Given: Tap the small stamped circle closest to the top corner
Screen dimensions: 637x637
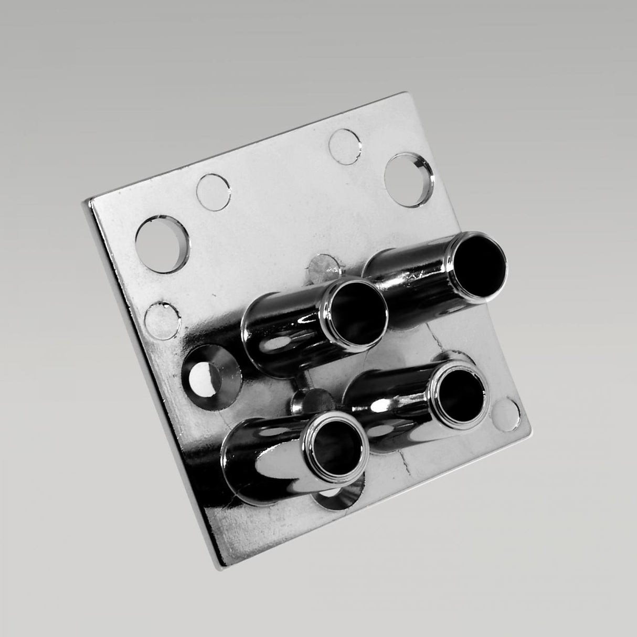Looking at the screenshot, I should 345,144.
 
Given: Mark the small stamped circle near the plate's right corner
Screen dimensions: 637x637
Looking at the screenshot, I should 507,411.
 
